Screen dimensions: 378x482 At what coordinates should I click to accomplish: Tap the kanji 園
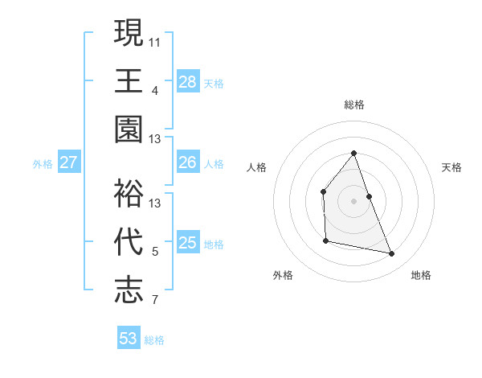[129, 129]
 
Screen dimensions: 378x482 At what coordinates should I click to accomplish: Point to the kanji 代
[129, 241]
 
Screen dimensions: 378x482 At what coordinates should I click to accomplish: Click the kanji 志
[129, 290]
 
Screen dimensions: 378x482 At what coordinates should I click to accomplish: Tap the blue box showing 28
[188, 81]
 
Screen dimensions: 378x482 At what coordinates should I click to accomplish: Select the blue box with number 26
[188, 162]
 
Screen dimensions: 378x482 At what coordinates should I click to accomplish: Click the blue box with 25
[188, 243]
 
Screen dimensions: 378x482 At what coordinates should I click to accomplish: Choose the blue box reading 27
[69, 162]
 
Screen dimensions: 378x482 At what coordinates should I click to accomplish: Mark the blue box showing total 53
[129, 339]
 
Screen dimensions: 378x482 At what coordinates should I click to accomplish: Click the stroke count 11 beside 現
[155, 41]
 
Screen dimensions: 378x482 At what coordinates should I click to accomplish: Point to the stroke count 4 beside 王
[155, 90]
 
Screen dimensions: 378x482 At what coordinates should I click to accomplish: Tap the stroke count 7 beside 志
[155, 301]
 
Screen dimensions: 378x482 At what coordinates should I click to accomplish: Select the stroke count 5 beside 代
[155, 252]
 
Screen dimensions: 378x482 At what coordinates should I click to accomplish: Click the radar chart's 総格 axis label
[354, 105]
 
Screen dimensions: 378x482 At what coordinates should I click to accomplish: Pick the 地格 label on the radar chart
[421, 275]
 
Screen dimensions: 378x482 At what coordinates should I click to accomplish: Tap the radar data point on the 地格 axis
[392, 254]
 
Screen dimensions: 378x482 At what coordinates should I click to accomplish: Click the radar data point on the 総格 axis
[353, 153]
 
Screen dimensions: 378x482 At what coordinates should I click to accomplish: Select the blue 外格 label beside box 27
[43, 164]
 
